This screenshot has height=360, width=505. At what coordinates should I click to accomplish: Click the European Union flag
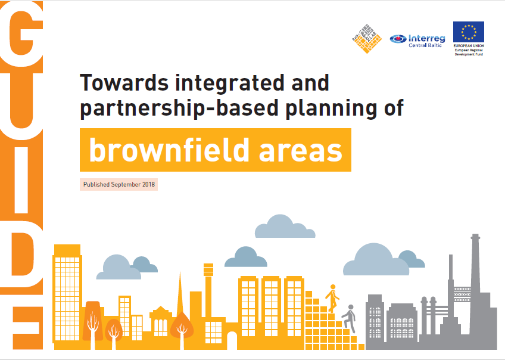[x=468, y=32]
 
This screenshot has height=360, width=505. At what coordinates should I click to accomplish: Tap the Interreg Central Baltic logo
[x=417, y=41]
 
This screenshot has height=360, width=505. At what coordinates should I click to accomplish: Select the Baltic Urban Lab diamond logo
[x=366, y=38]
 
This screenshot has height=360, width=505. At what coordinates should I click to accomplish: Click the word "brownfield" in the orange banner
[x=169, y=150]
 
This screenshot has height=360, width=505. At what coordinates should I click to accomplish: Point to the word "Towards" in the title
[x=124, y=83]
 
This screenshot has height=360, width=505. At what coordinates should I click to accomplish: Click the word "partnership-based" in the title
[x=179, y=108]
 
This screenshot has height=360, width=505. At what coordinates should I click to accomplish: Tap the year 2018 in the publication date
[x=148, y=184]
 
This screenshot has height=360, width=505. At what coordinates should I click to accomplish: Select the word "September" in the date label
[x=126, y=185]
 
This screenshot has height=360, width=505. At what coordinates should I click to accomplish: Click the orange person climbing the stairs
[x=332, y=299]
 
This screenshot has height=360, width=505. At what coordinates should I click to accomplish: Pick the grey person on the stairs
[x=350, y=318]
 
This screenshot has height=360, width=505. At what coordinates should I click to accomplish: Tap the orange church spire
[x=180, y=293]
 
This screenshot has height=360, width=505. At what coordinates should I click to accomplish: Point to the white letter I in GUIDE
[x=21, y=181]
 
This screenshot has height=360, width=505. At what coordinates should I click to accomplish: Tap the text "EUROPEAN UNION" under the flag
[x=469, y=46]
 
